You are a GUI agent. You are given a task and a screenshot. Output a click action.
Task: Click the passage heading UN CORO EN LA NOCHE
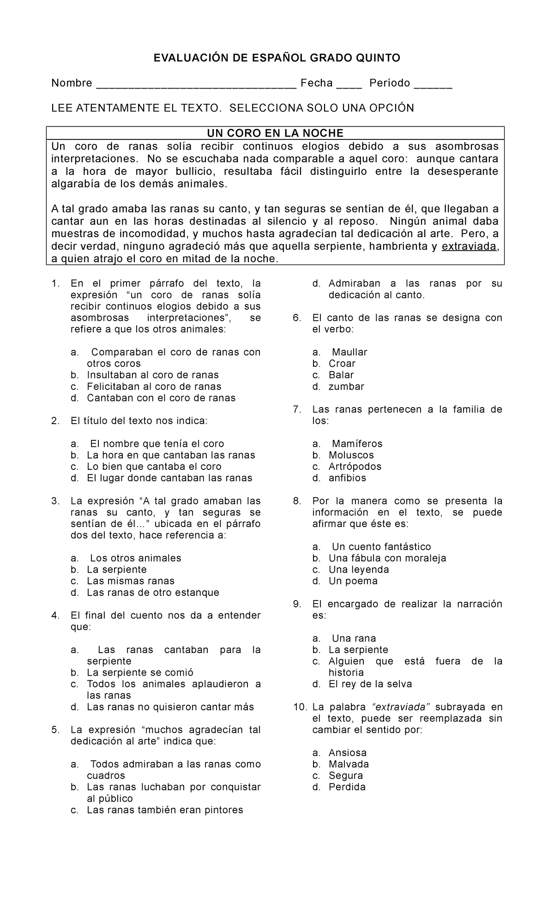(275, 133)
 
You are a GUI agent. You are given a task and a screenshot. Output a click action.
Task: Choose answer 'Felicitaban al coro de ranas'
(154, 386)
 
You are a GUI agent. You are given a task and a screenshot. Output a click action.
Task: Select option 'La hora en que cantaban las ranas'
(171, 455)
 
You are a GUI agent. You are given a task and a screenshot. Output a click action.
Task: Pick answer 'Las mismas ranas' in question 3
(131, 581)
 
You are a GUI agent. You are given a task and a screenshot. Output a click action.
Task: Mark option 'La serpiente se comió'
(140, 672)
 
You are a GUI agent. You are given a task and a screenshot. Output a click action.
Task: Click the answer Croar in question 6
(342, 364)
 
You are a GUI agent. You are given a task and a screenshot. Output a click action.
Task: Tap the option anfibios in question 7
(347, 478)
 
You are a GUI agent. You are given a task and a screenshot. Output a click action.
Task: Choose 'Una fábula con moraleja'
(387, 558)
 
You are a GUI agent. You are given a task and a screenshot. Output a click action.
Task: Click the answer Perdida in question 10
(347, 787)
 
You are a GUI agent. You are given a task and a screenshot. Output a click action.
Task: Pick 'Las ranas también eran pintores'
(165, 810)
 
